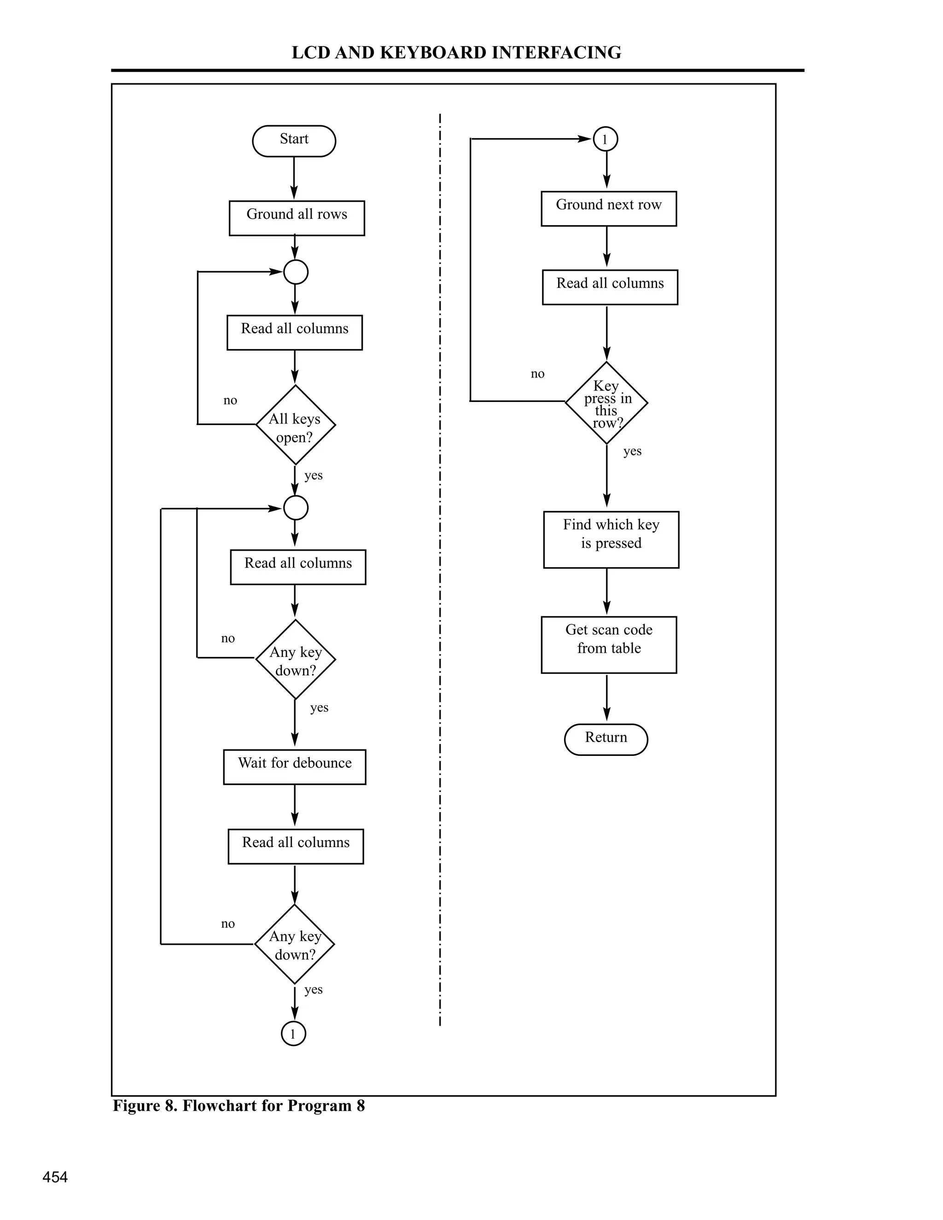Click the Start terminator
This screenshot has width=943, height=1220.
click(x=294, y=141)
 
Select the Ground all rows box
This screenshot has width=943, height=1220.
click(x=297, y=218)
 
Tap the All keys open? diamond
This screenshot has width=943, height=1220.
click(x=295, y=424)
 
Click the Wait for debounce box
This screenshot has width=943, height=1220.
click(x=294, y=767)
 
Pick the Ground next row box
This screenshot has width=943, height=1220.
click(x=608, y=209)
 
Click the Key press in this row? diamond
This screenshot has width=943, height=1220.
click(x=606, y=402)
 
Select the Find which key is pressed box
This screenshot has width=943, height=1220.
click(x=611, y=539)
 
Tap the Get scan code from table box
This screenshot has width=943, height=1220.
click(x=608, y=645)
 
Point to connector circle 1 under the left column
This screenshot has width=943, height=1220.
click(x=293, y=1033)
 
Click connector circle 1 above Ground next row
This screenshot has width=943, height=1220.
click(x=605, y=139)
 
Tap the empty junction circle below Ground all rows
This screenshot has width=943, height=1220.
click(x=296, y=272)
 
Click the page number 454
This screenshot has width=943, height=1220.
click(x=55, y=1177)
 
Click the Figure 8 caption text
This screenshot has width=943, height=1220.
click(x=239, y=1105)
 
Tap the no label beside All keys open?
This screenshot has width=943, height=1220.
click(x=230, y=400)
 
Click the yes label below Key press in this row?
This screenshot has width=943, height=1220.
click(x=632, y=451)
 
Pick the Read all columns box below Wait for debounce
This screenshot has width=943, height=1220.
click(x=296, y=846)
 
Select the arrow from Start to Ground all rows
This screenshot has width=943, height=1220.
click(x=294, y=178)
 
